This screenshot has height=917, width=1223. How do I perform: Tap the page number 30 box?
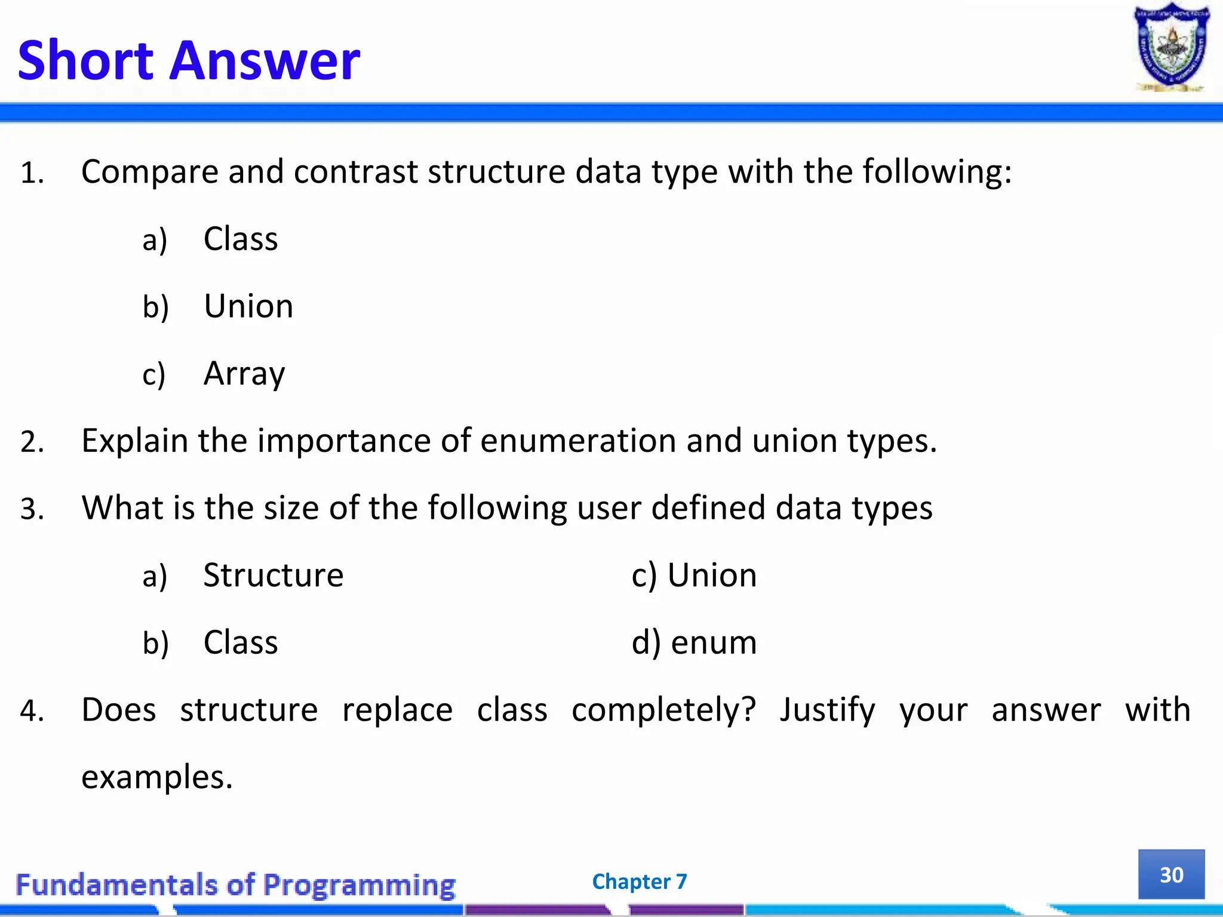click(1171, 874)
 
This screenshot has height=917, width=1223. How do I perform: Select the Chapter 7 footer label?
click(639, 881)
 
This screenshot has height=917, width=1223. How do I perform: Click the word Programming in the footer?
click(359, 885)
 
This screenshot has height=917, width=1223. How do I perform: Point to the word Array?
click(244, 374)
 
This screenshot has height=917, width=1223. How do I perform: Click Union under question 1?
click(248, 306)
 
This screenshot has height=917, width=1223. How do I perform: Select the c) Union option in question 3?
click(694, 576)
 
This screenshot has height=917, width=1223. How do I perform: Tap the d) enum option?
click(694, 643)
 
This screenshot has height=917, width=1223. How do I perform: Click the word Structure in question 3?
click(273, 576)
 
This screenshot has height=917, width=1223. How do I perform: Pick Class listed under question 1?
click(240, 239)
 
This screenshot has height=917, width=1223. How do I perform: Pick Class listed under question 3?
click(240, 643)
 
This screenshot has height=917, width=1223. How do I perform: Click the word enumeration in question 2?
click(577, 441)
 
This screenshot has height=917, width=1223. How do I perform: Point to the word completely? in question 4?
click(663, 710)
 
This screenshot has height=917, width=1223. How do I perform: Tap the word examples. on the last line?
click(156, 777)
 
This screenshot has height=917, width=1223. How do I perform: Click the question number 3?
click(32, 509)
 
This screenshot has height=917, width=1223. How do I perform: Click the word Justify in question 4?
click(827, 710)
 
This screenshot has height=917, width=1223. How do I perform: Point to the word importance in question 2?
click(344, 441)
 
